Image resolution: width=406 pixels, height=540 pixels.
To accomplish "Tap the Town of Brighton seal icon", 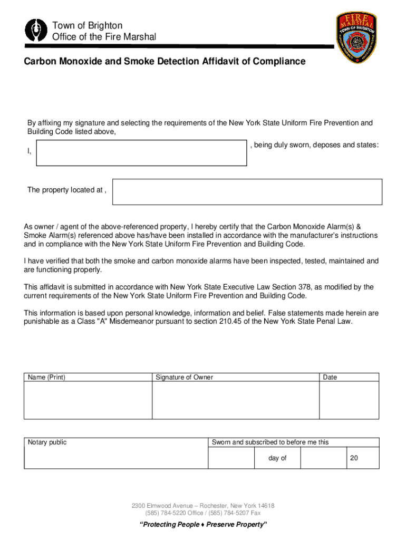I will coord(35,31).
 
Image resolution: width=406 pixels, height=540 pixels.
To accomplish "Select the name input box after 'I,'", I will coord(141,153).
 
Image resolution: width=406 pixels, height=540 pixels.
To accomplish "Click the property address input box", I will coord(247,191).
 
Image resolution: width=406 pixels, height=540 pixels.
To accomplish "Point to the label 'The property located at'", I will coord(67,190).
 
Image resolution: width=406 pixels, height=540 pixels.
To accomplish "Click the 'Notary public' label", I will coord(47,442).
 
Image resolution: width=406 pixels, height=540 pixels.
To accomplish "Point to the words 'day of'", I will coord(277,458).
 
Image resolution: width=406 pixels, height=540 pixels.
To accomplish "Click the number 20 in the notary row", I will coord(354,458).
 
